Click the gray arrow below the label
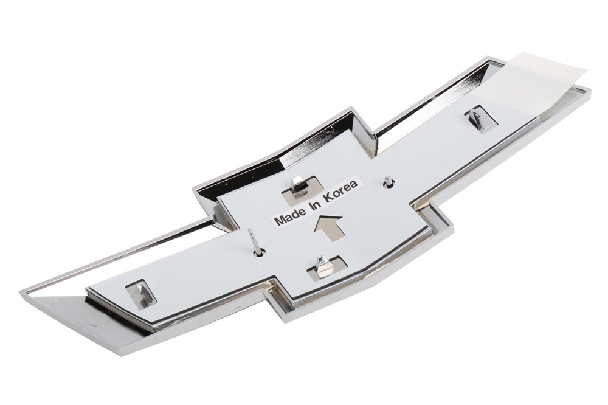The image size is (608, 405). [328, 227]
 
